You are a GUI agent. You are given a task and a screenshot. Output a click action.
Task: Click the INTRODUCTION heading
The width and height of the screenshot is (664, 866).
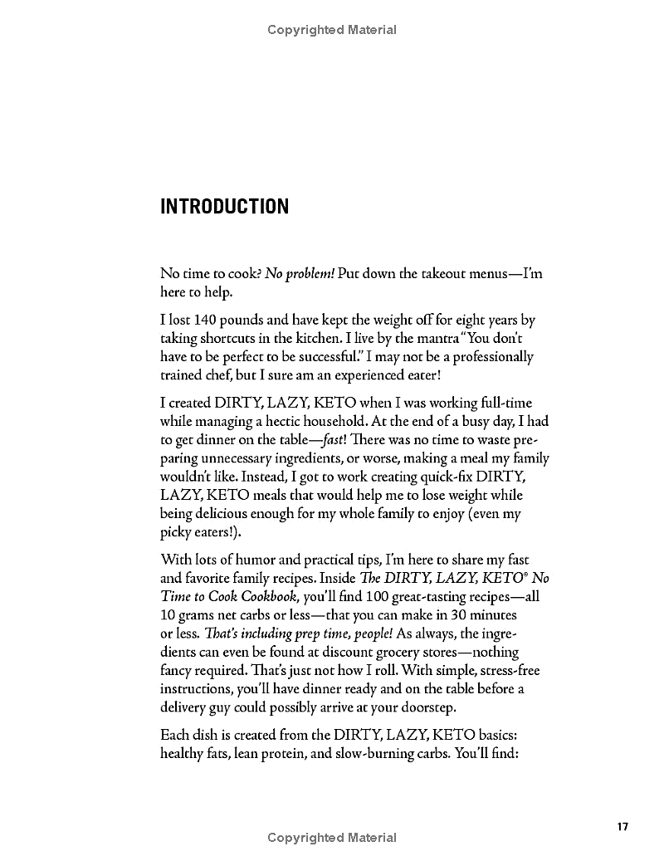(224, 206)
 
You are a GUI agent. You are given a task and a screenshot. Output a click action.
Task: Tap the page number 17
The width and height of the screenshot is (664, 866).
(623, 826)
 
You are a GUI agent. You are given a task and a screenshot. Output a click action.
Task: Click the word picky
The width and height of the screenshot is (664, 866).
(176, 531)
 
